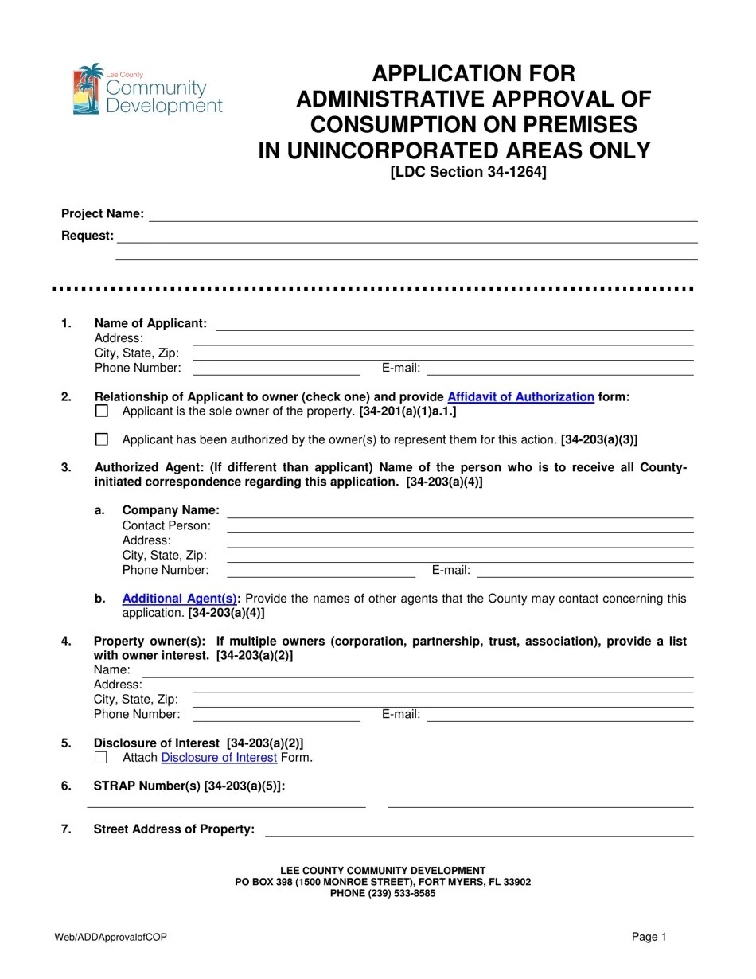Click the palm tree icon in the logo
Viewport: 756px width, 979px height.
(88, 89)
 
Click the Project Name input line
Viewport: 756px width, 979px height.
(423, 216)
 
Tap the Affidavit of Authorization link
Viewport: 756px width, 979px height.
(520, 397)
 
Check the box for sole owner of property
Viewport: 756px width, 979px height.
(101, 411)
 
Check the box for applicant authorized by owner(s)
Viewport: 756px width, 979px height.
(101, 439)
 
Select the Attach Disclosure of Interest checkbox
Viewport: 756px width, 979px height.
(101, 758)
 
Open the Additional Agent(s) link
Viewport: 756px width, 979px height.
(179, 599)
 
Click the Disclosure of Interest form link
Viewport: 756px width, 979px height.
(219, 758)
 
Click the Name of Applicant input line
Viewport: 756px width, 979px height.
(454, 325)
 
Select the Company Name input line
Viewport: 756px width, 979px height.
(460, 512)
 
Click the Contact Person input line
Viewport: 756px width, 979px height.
(460, 527)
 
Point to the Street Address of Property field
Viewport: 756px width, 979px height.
(479, 831)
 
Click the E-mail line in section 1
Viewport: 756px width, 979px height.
(560, 369)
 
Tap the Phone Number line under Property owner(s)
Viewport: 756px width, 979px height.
(276, 716)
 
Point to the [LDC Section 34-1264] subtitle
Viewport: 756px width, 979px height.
(468, 173)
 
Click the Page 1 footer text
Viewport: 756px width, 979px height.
(649, 938)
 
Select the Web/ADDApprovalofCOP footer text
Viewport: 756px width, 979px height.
(111, 938)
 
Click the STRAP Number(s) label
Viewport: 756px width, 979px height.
(189, 786)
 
